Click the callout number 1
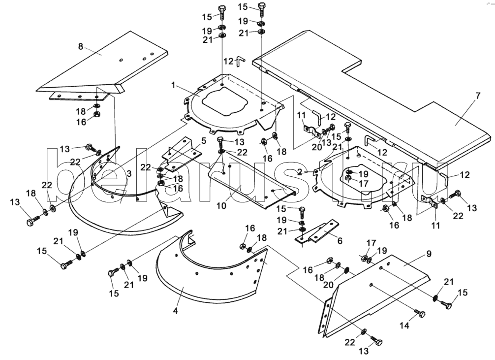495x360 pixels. pos(173,85)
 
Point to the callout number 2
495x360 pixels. pos(300,171)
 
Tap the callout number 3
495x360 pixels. pos(129,173)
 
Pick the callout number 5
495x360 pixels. pos(204,141)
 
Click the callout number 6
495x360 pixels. pos(340,240)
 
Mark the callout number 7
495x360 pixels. pos(478,96)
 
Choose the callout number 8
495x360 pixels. pos(81,46)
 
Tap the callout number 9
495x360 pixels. pos(429,254)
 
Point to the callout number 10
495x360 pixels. pos(221,206)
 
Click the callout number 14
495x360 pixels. pos(404,325)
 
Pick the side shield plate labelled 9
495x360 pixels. pos(375,294)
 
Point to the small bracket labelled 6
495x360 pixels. pos(317,233)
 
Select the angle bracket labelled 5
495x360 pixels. pos(181,155)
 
